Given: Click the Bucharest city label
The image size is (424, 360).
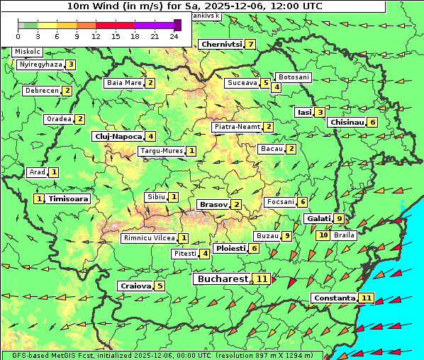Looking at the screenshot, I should pos(222,279).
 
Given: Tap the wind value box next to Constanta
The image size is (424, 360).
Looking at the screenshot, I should pos(367,298).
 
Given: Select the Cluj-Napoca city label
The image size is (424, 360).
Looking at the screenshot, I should pos(117,136).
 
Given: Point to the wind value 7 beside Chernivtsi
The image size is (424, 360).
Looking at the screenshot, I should pos(250,45).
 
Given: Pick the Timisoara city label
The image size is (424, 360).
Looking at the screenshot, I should pos(68,199).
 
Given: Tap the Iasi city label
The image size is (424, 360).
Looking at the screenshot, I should pos(303,112).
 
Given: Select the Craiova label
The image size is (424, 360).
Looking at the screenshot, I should pos(135,286).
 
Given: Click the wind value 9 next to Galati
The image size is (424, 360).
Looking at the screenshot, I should pos(339,219).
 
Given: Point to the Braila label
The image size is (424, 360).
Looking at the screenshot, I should pos(344,235).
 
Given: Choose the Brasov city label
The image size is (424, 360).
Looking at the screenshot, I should pos(213,205).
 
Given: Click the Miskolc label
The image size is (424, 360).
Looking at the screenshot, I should pos(27,52).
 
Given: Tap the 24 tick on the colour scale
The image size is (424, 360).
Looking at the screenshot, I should pos(174,36).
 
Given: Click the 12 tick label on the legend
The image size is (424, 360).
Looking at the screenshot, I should pos(96,36).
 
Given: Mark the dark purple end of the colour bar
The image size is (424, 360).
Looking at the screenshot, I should pos(177,25).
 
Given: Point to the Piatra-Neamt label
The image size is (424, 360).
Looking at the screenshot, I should pos(236,127).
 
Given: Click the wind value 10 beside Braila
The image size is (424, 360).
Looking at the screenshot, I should pos(323,235).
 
